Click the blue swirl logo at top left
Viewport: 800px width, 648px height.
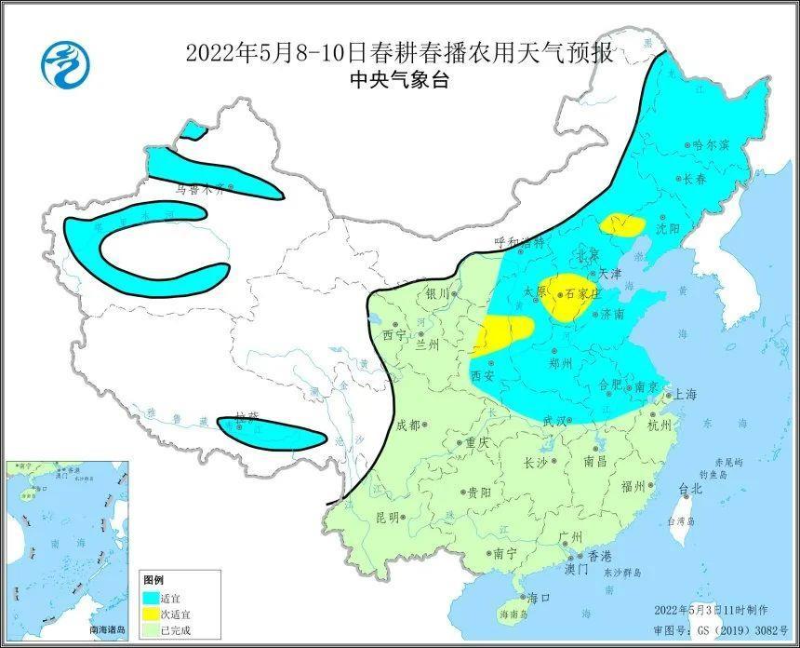tap(66, 65)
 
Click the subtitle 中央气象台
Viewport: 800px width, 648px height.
tap(399, 79)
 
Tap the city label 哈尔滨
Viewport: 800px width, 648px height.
tap(713, 145)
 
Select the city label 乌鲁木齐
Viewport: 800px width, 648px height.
tap(200, 187)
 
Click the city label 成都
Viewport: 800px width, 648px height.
tap(408, 425)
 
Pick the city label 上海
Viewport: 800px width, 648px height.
tap(686, 394)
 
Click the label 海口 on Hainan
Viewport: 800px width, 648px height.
tap(539, 597)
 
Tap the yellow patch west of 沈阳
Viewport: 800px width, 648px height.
tap(622, 224)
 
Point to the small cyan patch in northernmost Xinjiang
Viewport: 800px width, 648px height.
tap(193, 131)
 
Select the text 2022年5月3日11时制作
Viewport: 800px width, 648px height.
tap(712, 609)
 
